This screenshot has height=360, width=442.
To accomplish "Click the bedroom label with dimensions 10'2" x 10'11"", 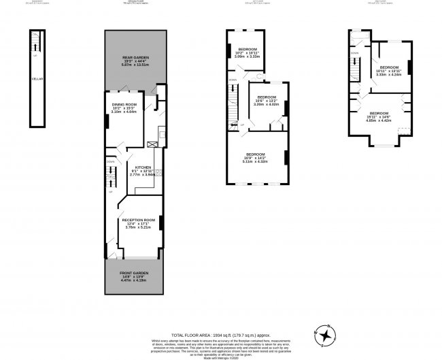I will click(x=247, y=50).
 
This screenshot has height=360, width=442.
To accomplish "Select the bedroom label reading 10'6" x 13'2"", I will click(x=266, y=97).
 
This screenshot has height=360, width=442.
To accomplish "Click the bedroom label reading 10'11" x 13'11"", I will click(x=388, y=67).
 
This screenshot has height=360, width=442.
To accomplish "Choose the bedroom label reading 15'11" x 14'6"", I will click(x=379, y=112).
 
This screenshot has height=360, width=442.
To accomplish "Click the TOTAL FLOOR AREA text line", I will click(x=220, y=316).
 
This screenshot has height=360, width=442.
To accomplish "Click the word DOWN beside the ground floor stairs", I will click(x=110, y=161).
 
